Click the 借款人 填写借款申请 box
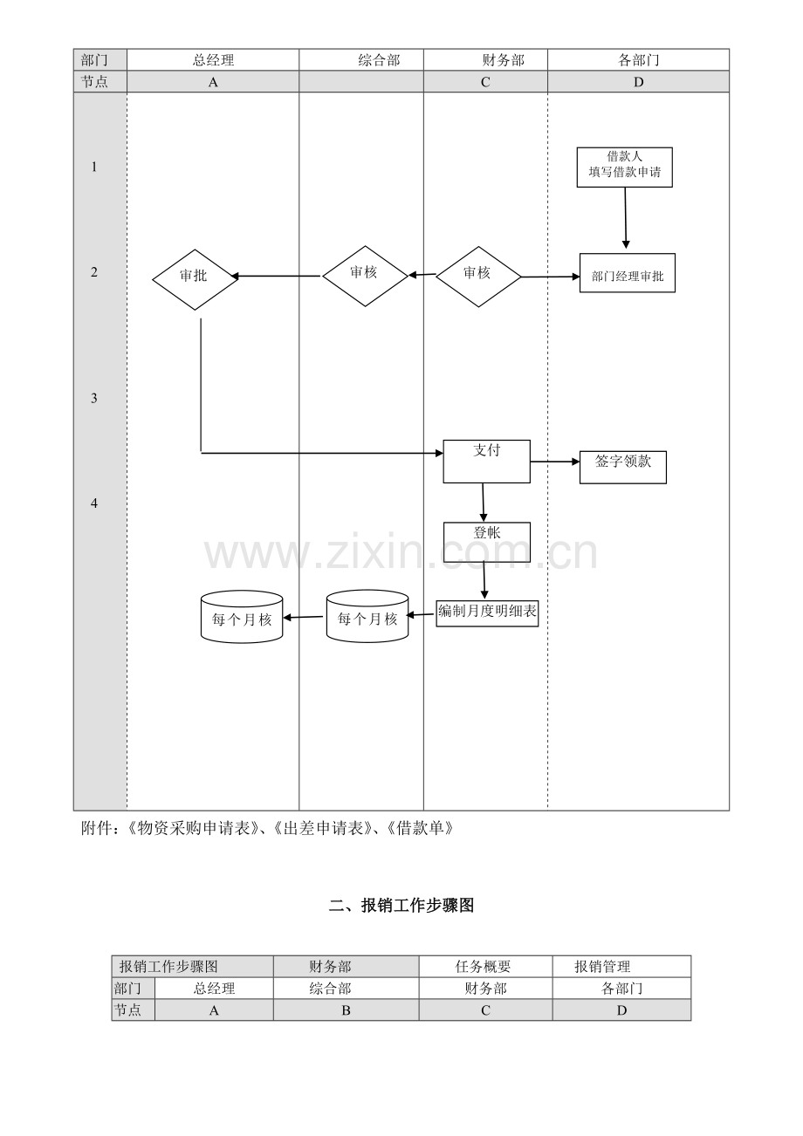pyautogui.click(x=624, y=168)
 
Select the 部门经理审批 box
pyautogui.click(x=628, y=273)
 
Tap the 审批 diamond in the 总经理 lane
pyautogui.click(x=196, y=279)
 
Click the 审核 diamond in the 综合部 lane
pyautogui.click(x=365, y=276)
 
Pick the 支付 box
pyautogui.click(x=486, y=462)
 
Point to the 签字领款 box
pyautogui.click(x=623, y=467)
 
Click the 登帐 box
pyautogui.click(x=487, y=542)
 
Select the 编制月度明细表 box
pyautogui.click(x=487, y=613)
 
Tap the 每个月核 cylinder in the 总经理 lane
pyautogui.click(x=242, y=617)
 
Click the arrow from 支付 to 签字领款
pyautogui.click(x=555, y=462)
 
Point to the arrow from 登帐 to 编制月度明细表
pyautogui.click(x=484, y=581)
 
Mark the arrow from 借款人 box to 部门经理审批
pyautogui.click(x=626, y=218)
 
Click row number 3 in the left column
pyautogui.click(x=94, y=398)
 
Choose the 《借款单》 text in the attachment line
pyautogui.click(x=420, y=829)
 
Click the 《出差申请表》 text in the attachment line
pyautogui.click(x=319, y=829)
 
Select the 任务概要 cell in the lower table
pyautogui.click(x=483, y=967)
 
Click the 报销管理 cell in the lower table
pyautogui.click(x=602, y=967)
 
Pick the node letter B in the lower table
pyautogui.click(x=346, y=1010)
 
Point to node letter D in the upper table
pyautogui.click(x=638, y=82)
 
